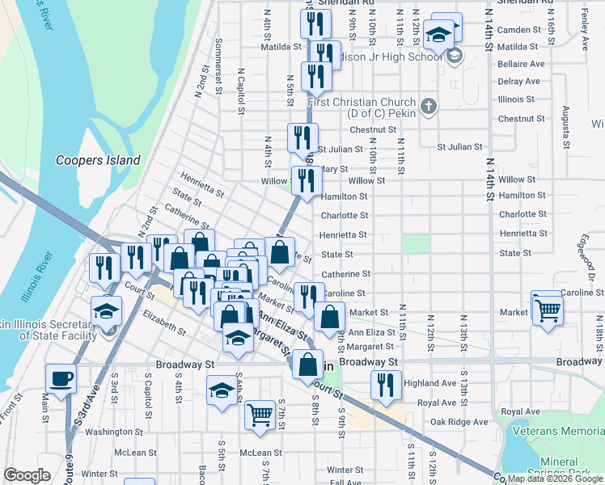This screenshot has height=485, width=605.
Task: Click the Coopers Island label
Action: [x=98, y=160]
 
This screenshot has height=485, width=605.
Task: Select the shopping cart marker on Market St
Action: [x=548, y=309]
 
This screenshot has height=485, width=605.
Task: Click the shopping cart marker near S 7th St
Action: [x=260, y=415]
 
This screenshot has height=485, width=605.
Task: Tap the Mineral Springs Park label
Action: [x=569, y=469]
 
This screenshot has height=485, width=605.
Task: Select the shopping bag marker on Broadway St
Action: [x=308, y=365]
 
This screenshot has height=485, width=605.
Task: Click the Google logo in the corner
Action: [x=27, y=475]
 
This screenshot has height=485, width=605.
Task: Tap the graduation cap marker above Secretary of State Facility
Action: [x=106, y=311]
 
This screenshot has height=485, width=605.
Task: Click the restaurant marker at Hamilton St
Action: [x=306, y=182]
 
